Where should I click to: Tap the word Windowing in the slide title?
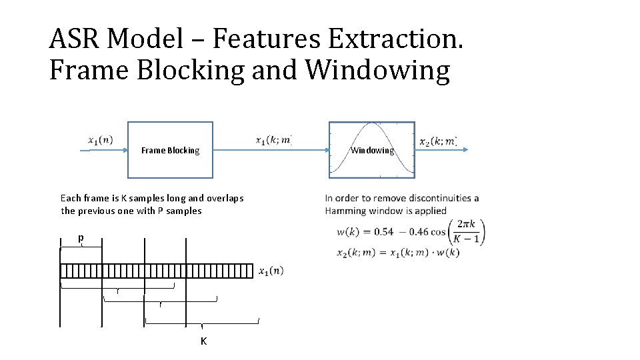coord(387,70)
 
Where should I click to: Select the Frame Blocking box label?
coord(170,151)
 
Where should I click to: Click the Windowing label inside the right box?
coord(372,151)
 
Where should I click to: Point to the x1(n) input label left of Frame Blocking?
coord(100,139)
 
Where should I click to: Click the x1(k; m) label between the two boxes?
coord(273,140)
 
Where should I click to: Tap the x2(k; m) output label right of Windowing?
coord(437,141)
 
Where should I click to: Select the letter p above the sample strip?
coord(81,237)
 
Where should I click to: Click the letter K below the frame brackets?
coord(203,341)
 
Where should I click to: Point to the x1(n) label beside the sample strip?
coord(271,271)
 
